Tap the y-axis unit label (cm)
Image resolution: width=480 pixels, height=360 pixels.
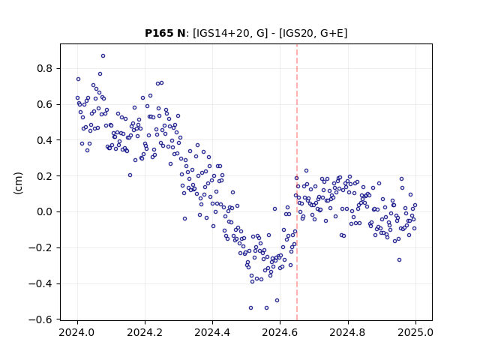[x=18, y=183]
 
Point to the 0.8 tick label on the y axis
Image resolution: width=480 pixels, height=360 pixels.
[x=45, y=68]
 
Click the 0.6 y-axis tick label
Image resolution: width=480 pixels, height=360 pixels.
[x=45, y=104]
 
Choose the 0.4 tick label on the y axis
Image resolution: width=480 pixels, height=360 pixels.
[x=45, y=140]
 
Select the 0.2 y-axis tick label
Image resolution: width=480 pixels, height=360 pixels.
[x=45, y=176]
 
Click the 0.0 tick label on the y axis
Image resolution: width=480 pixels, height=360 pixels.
[x=45, y=211]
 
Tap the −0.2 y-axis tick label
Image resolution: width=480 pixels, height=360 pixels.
[x=40, y=247]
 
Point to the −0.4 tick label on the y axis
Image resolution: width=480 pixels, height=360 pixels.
[x=40, y=283]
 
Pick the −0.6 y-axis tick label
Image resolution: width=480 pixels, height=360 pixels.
[x=40, y=319]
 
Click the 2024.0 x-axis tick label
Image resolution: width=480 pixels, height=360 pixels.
[x=77, y=332]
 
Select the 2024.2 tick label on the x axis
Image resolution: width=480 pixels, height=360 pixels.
[x=145, y=332]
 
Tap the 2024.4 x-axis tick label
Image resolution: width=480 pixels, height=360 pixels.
[x=212, y=332]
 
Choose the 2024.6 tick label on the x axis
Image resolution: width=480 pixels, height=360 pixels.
[x=280, y=332]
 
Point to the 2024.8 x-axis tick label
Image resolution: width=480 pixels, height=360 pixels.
[x=347, y=332]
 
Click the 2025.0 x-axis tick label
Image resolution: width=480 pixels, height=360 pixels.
[x=415, y=332]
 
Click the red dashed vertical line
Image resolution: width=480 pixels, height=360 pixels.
[x=297, y=182]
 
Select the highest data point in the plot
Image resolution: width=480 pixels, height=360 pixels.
[x=103, y=56]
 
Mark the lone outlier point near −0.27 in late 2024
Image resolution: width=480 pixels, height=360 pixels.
[x=399, y=260]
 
